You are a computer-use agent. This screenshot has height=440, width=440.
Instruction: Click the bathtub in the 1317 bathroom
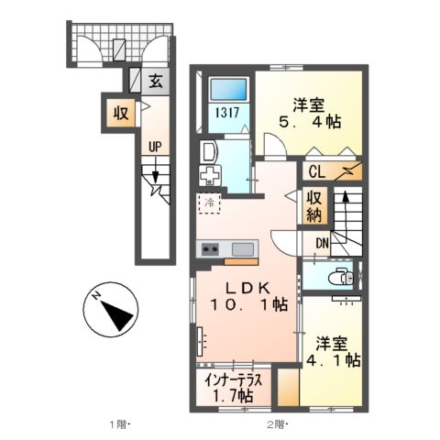point(229,89)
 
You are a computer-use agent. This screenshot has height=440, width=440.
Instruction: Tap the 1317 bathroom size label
point(227,113)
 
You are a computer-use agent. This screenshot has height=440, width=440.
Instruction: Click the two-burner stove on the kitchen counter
point(210,249)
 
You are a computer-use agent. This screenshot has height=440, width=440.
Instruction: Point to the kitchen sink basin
point(243,249)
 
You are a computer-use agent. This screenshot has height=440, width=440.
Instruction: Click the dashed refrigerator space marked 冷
point(210,203)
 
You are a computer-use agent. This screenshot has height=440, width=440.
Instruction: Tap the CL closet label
point(317,172)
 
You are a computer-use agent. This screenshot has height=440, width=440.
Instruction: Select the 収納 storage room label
point(314,207)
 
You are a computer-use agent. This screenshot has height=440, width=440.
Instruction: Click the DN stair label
point(322,244)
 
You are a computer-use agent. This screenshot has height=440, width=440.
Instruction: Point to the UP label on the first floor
point(155,147)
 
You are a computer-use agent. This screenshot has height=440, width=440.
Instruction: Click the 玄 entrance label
point(156,81)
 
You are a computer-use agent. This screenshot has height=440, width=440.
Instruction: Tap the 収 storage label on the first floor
point(121,114)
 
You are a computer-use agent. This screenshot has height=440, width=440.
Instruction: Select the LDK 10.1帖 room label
point(248,296)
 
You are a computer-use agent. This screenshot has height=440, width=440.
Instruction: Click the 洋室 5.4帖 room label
point(309,114)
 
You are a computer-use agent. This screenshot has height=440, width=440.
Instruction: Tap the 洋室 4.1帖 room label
point(333,352)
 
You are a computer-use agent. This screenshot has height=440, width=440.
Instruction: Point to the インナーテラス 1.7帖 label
point(233,388)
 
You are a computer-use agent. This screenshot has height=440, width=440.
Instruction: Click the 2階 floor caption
point(278,424)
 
